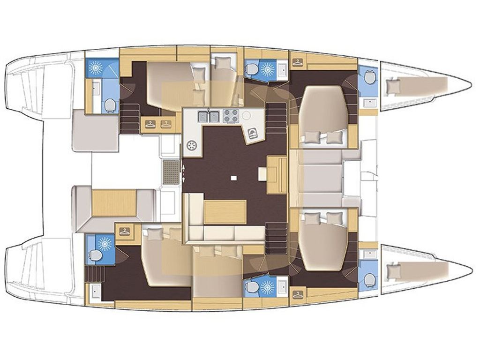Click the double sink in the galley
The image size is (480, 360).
click(x=209, y=116)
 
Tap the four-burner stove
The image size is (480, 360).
click(x=231, y=116)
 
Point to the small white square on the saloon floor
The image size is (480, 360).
click(x=233, y=178)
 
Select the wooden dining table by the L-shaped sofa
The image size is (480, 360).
click(x=225, y=212)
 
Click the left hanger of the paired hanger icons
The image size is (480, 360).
click(x=150, y=124)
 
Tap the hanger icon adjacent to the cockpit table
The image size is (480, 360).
click(x=125, y=231)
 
